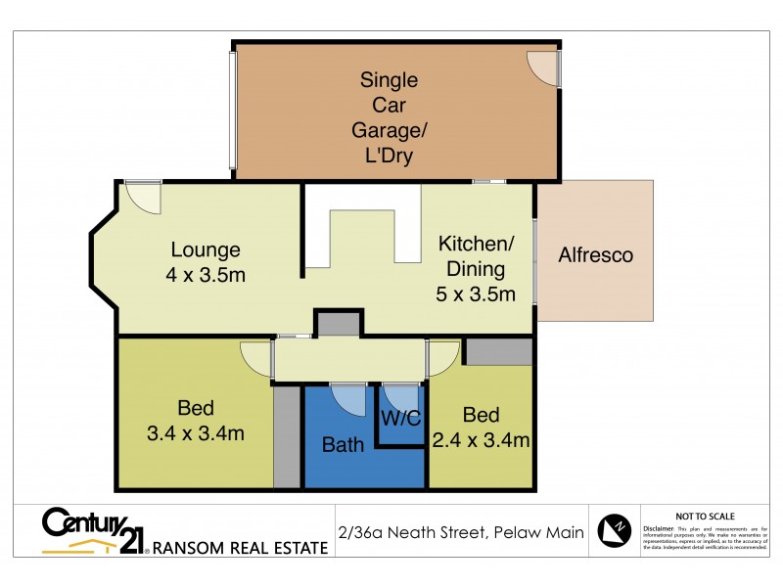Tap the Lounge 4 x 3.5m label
(x=206, y=262)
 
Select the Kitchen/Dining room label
(x=476, y=269)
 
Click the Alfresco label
(x=595, y=255)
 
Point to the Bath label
(x=344, y=445)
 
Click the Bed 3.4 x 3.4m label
(x=196, y=421)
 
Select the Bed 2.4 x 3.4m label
(x=481, y=428)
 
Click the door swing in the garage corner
(x=542, y=65)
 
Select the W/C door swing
(x=398, y=395)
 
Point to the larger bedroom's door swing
(x=257, y=360)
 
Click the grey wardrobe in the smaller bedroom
(x=497, y=351)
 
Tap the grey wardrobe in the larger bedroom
(x=286, y=436)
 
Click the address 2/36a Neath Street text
(x=459, y=533)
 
